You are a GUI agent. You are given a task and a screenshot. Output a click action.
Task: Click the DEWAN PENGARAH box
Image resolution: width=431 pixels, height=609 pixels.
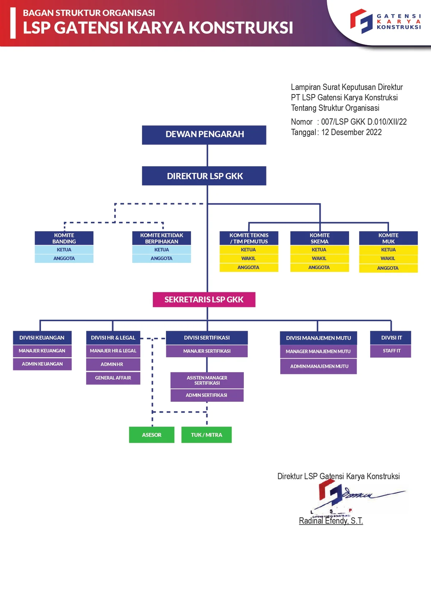tap(204, 135)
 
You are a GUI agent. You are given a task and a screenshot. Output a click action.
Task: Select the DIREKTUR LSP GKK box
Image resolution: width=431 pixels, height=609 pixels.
tap(204, 176)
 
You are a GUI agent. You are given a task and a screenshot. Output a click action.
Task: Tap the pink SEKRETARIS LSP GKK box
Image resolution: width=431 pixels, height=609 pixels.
tap(204, 299)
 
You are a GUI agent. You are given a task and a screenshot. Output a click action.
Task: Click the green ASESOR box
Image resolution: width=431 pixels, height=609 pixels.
tap(152, 435)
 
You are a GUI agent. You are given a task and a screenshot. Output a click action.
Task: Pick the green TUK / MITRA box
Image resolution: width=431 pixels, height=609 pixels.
tap(207, 435)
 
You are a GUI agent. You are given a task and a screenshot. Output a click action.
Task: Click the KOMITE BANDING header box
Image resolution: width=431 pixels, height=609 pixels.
tap(64, 238)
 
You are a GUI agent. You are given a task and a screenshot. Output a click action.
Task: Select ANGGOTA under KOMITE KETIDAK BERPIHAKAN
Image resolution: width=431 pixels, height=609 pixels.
tap(162, 259)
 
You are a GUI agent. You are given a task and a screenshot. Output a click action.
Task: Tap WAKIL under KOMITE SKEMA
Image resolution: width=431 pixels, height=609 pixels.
tap(319, 259)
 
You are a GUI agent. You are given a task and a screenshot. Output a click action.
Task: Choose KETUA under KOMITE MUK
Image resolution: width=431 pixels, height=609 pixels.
tap(388, 250)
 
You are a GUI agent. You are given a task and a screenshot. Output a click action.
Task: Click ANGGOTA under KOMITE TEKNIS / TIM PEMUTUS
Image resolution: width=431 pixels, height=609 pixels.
tap(249, 268)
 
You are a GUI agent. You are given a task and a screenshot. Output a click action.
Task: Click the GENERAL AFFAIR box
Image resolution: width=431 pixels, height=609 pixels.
tap(113, 378)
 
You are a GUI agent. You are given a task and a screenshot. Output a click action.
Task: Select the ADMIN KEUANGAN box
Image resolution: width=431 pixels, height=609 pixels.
tap(42, 364)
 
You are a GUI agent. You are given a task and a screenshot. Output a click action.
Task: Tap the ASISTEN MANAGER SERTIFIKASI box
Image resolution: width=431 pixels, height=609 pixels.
tap(207, 380)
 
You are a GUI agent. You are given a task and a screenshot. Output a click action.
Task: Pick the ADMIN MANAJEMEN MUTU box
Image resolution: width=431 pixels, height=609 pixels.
tap(319, 366)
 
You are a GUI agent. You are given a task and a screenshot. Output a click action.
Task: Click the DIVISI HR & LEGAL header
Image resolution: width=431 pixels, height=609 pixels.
tap(113, 338)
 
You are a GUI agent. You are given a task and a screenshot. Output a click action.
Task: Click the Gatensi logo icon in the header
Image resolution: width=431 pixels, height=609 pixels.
tap(361, 21)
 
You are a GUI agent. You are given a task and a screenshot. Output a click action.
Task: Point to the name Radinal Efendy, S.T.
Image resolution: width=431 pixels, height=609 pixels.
tap(331, 521)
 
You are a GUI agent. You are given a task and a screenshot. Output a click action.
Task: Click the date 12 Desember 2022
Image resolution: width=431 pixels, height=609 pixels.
tap(351, 133)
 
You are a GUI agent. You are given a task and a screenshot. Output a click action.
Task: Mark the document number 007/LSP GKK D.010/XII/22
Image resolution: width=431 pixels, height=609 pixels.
tap(363, 122)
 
